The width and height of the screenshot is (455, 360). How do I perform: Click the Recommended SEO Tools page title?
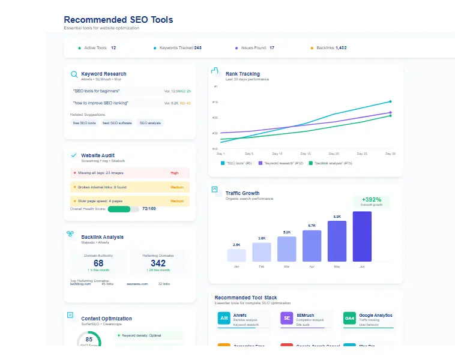click(x=118, y=20)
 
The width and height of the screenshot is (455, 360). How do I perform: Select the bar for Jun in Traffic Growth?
click(x=362, y=236)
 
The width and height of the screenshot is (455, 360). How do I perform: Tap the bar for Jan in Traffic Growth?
click(x=237, y=255)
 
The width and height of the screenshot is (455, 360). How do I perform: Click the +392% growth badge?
click(x=372, y=201)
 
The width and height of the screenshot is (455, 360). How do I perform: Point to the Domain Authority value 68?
click(x=98, y=263)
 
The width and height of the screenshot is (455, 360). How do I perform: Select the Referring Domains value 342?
click(x=158, y=263)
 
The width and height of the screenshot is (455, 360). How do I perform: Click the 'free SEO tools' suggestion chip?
click(x=84, y=123)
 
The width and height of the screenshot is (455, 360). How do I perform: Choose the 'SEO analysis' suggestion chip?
click(x=150, y=123)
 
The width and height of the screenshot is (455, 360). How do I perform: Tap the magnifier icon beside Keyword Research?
click(x=74, y=74)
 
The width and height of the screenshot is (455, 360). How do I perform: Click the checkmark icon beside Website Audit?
click(x=74, y=155)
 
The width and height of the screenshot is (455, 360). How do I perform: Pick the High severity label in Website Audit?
click(x=174, y=173)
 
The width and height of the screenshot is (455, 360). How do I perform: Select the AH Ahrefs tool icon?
click(x=224, y=318)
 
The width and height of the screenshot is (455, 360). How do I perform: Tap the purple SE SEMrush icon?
click(x=287, y=318)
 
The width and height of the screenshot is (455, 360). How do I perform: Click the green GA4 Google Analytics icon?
click(x=350, y=318)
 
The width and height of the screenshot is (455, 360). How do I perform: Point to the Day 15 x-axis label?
click(x=305, y=154)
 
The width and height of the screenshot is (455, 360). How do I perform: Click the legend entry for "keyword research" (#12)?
click(x=281, y=163)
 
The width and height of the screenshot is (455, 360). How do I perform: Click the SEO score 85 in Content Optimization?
click(x=89, y=340)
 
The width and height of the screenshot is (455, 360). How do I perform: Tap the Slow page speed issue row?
click(x=130, y=201)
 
